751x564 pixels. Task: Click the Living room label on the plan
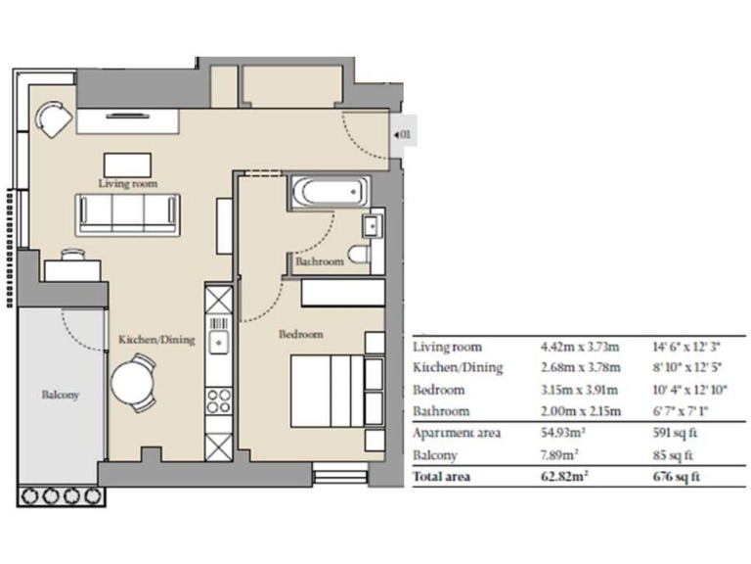tap(128, 183)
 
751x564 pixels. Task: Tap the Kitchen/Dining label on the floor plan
tap(156, 340)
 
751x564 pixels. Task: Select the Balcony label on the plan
tap(60, 396)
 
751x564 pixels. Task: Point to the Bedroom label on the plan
tap(300, 334)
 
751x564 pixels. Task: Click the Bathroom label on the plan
tap(320, 262)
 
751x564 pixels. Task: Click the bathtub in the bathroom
tap(329, 192)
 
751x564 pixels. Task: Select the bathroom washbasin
tap(372, 227)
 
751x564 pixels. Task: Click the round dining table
tap(131, 383)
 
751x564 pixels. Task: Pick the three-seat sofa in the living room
tap(129, 212)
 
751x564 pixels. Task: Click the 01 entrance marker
tap(405, 133)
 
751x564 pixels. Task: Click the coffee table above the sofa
tap(128, 163)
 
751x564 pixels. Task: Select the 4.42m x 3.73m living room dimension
tap(579, 347)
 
